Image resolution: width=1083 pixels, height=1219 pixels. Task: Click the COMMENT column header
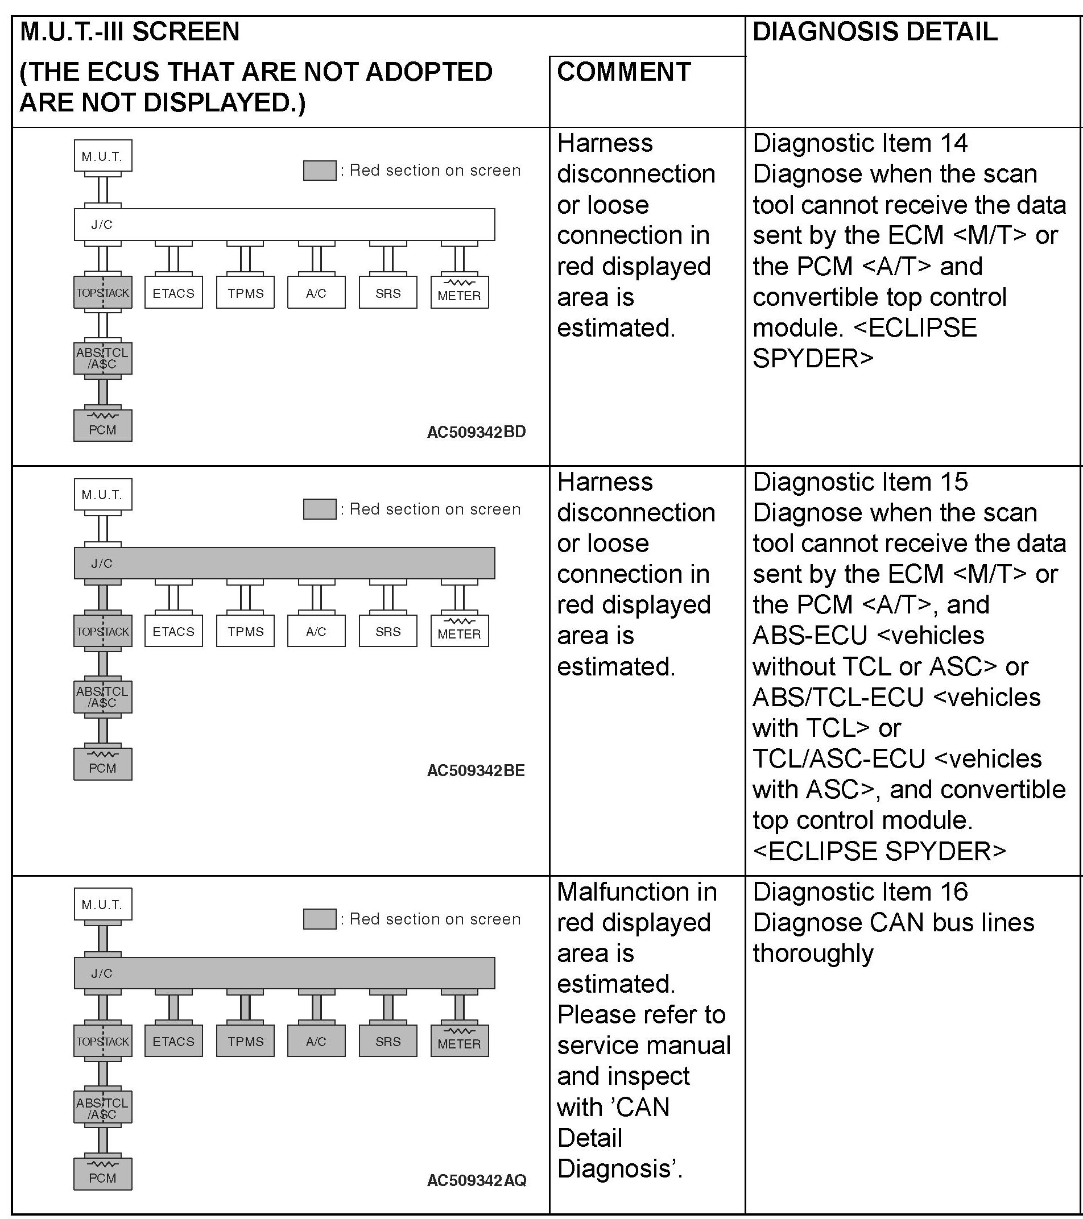623,72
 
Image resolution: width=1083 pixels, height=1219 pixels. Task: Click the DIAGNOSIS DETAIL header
875,32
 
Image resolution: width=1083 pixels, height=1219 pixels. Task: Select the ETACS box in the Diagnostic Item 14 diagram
173,293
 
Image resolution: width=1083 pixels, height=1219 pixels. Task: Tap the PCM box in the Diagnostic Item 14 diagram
102,425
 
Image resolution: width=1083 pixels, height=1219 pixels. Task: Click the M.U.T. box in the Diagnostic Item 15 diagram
102,495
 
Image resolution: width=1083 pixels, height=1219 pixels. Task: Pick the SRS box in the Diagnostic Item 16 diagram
388,1041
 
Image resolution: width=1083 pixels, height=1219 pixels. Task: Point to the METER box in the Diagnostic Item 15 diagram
460,631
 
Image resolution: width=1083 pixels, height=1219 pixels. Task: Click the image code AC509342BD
476,432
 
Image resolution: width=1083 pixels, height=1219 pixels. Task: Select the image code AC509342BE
476,770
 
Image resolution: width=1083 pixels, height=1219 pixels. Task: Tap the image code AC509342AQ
476,1180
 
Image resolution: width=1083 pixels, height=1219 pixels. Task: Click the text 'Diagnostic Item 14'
860,143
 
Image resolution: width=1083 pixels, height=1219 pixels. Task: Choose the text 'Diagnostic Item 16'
860,892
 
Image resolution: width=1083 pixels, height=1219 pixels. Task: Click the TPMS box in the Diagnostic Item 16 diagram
245,1041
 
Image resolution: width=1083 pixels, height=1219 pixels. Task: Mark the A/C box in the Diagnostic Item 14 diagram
316,293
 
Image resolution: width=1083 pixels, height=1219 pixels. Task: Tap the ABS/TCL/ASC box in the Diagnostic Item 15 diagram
102,696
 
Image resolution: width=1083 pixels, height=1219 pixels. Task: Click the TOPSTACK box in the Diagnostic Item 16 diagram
102,1041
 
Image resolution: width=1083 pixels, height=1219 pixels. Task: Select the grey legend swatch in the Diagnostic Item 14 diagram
319,171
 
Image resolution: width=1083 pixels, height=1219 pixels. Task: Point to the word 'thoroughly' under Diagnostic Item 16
813,953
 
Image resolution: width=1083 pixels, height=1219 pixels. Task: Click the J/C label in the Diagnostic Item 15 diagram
101,563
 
